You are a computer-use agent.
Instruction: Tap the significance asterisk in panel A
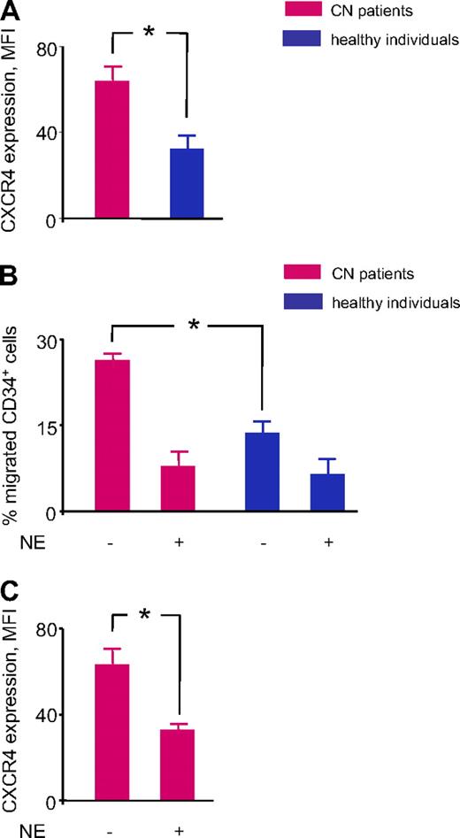point(149,33)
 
